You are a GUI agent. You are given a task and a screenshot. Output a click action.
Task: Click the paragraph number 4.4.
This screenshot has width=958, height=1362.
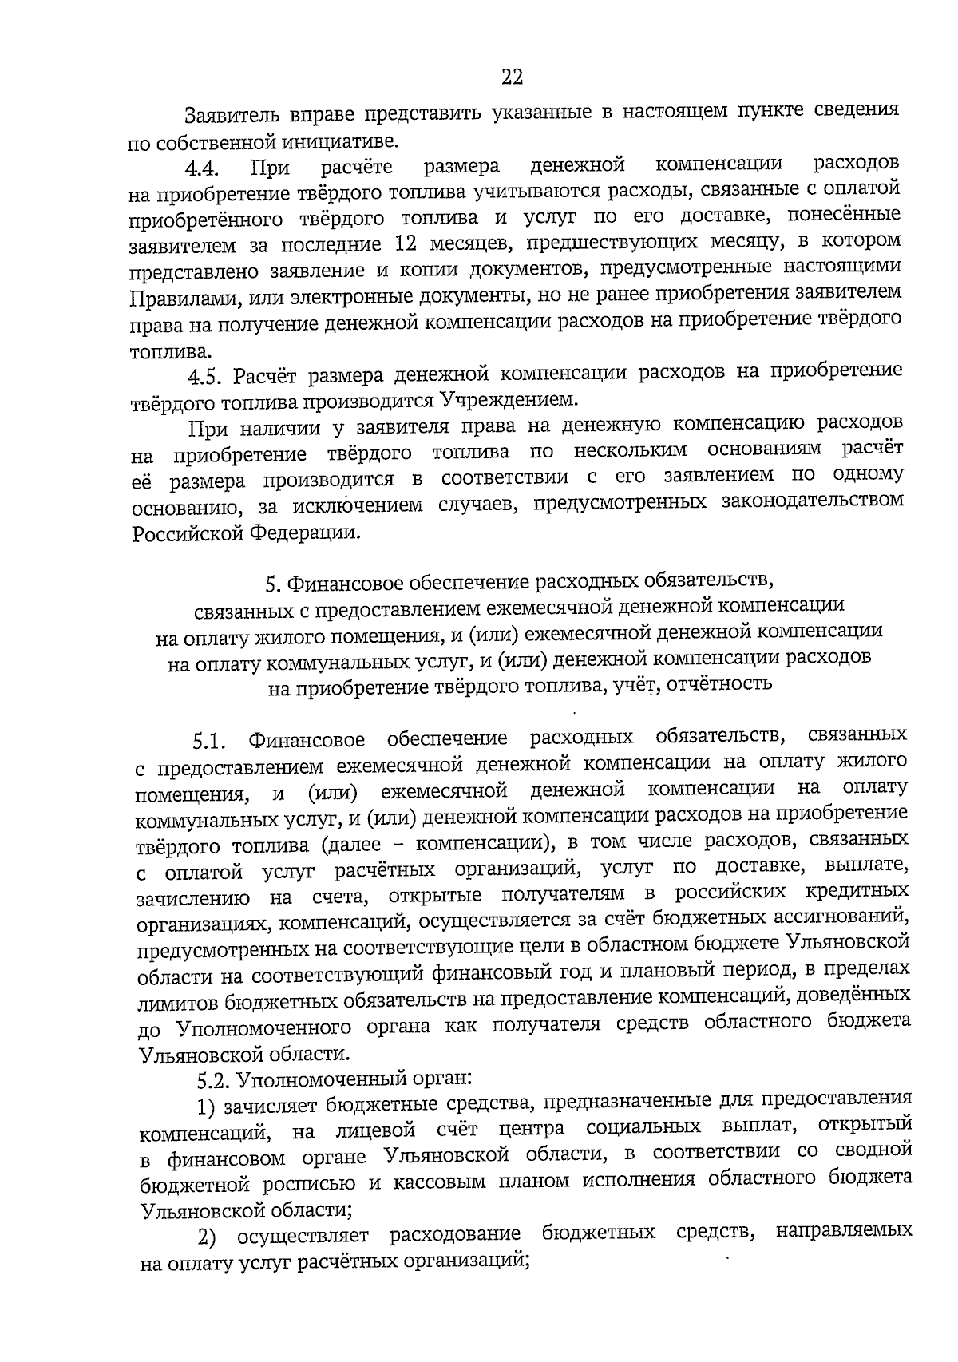pos(203,169)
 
